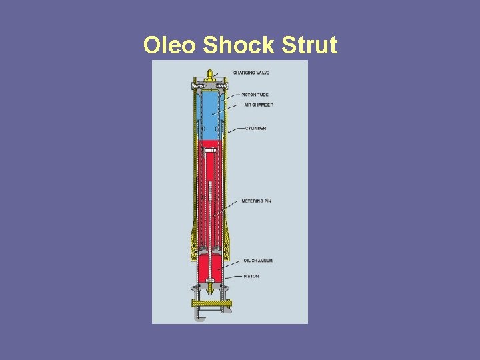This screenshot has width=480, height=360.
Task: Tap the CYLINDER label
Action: (255, 128)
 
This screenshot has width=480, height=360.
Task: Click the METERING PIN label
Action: (257, 201)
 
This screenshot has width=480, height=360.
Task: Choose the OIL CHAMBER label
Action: (257, 260)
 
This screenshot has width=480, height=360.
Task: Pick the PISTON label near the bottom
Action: (251, 276)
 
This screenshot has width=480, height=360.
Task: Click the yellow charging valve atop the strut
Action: (209, 75)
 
